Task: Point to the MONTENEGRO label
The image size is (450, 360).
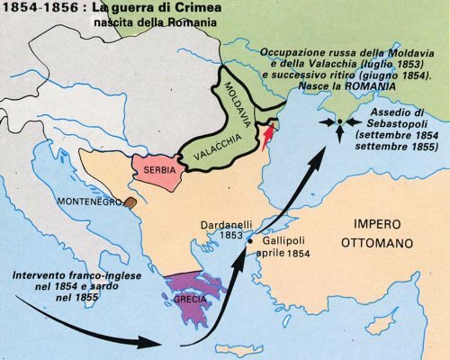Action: [x=88, y=203]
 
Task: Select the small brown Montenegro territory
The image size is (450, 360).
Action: [x=131, y=205]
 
